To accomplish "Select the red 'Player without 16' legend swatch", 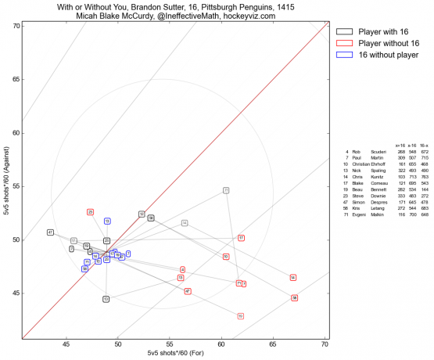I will (342, 43).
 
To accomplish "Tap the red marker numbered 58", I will (294, 298).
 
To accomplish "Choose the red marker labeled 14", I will (292, 278).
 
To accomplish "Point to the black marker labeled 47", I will (50, 232).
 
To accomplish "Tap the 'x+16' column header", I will (400, 145).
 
